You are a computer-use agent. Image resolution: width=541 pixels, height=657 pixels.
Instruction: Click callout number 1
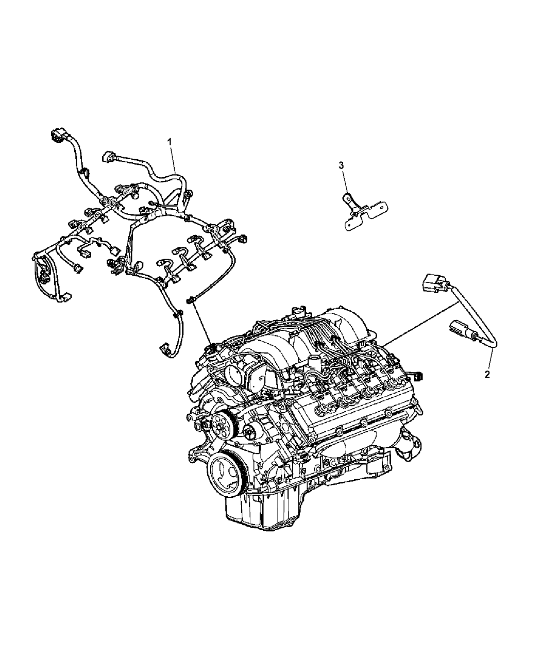tap(170, 142)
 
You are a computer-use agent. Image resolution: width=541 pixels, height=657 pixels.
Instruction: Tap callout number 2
tap(487, 375)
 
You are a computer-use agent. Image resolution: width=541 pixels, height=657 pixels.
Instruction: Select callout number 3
tap(342, 165)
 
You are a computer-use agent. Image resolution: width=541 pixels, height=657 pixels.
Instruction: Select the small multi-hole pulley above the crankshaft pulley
tap(222, 424)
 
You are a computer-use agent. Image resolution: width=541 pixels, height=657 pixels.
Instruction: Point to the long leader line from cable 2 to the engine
tap(420, 324)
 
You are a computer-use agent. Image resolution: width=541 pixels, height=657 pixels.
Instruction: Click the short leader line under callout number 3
tap(345, 182)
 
